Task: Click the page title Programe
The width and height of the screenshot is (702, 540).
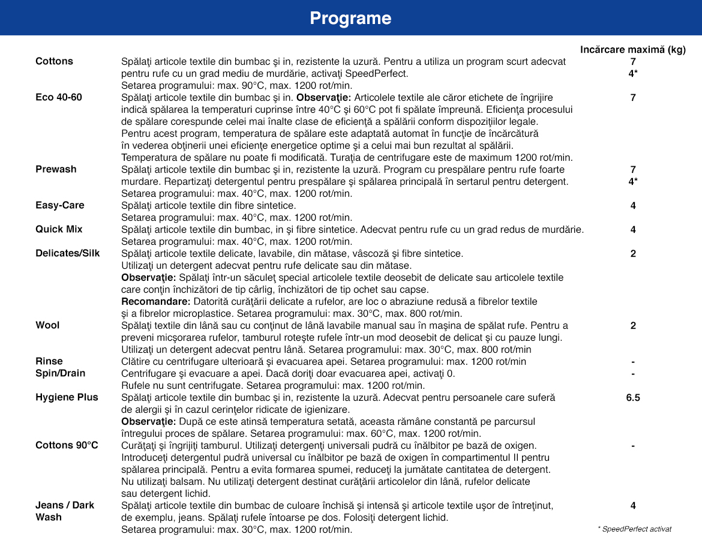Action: (350, 19)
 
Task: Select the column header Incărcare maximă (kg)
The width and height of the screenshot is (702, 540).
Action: (632, 50)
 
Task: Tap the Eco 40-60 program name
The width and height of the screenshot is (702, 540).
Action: (59, 97)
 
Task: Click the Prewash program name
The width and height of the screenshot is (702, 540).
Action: (56, 169)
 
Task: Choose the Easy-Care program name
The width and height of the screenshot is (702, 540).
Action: (60, 205)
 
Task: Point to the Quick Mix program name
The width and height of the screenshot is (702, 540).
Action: (59, 229)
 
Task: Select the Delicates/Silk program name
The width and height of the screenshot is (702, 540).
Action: (68, 253)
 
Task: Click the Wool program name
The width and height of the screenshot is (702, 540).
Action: (47, 325)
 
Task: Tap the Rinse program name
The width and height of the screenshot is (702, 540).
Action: (49, 361)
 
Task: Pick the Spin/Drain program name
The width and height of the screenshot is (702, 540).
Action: (61, 373)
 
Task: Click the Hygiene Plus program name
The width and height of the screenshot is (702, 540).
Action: (67, 397)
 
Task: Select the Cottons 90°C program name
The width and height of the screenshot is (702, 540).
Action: (67, 445)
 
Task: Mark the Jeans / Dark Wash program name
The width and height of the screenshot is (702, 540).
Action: (65, 511)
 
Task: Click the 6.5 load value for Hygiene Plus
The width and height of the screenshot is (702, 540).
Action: (633, 397)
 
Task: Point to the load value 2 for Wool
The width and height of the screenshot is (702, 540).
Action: (633, 325)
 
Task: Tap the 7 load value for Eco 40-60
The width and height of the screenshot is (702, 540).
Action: (633, 97)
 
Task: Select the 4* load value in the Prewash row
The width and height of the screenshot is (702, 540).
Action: (633, 181)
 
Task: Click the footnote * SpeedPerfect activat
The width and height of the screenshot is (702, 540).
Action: (634, 529)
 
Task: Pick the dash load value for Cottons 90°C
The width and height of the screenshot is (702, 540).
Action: (633, 446)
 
